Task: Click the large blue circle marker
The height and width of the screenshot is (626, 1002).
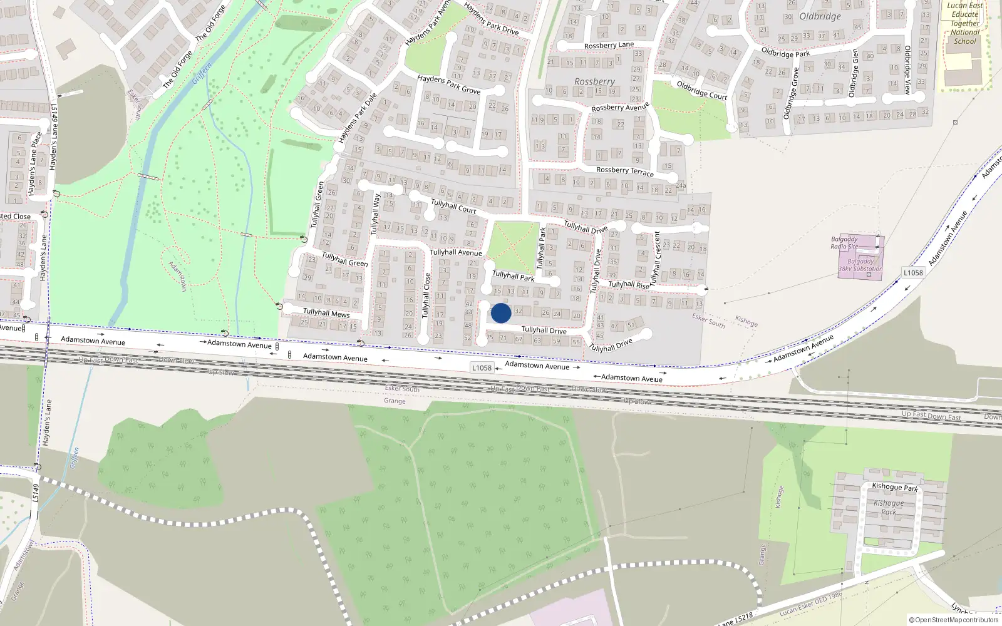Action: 501,313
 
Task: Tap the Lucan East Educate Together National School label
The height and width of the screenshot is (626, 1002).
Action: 964,24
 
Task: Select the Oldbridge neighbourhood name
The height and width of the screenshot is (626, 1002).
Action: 820,16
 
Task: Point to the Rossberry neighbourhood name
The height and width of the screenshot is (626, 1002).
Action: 594,81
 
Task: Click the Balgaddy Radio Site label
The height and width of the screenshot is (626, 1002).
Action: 844,243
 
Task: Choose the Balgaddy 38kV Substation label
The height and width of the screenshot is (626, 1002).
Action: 860,265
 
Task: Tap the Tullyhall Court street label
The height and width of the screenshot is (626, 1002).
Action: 453,206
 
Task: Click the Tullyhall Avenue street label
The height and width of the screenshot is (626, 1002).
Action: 456,252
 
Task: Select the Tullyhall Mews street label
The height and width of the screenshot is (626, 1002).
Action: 326,312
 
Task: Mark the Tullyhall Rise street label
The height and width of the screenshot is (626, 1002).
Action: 629,285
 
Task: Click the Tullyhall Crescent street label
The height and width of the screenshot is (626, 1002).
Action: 656,258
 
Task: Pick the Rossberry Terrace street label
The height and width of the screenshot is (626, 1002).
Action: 624,171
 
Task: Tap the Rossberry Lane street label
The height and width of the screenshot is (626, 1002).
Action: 609,45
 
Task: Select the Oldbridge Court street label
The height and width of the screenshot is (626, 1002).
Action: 701,90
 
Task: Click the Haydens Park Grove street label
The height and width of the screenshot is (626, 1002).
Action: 448,85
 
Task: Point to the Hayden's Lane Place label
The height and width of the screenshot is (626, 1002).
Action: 35,164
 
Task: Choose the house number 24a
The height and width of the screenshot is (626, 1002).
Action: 680,186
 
